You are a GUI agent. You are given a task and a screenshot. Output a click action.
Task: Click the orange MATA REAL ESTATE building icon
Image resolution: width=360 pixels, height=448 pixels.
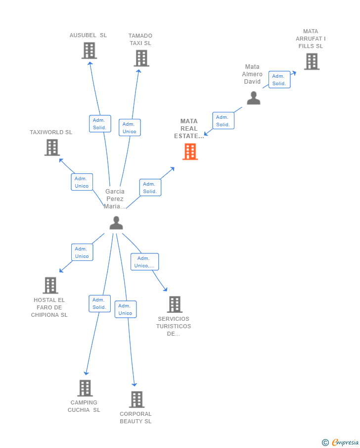pyautogui.click(x=190, y=151)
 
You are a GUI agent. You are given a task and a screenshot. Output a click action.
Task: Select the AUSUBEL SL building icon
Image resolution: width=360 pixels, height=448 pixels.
pyautogui.click(x=89, y=50)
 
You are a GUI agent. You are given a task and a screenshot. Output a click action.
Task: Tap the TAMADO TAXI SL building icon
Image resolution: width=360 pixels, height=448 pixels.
pyautogui.click(x=141, y=58)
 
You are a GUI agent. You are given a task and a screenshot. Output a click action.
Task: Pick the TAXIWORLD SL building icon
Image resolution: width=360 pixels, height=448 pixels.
pyautogui.click(x=52, y=148)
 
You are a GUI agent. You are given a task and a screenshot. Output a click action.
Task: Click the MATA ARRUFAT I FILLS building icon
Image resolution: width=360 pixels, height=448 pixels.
pyautogui.click(x=311, y=61)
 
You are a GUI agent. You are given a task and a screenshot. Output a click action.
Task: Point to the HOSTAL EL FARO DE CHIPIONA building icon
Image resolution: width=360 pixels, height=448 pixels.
pyautogui.click(x=50, y=285)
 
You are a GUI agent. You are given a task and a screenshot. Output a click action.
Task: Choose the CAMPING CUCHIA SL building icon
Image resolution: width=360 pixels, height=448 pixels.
pyautogui.click(x=85, y=388)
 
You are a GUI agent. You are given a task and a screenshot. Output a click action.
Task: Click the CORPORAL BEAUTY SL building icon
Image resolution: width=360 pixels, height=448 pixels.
pyautogui.click(x=136, y=399)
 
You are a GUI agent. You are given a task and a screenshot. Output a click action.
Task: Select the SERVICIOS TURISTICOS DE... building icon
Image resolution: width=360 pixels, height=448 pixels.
pyautogui.click(x=174, y=304)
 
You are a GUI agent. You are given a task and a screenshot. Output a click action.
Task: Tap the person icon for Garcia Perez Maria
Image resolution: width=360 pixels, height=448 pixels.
pyautogui.click(x=116, y=223)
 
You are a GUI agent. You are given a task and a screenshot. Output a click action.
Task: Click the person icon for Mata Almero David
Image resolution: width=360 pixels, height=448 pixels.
pyautogui.click(x=253, y=98)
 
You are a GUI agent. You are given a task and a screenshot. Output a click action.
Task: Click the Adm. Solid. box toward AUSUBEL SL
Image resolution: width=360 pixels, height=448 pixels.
pyautogui.click(x=100, y=124)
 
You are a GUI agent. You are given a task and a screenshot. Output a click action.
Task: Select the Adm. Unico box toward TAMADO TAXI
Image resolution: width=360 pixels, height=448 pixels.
pyautogui.click(x=130, y=128)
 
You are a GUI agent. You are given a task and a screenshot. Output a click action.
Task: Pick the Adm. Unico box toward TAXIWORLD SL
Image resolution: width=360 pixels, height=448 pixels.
pyautogui.click(x=82, y=182)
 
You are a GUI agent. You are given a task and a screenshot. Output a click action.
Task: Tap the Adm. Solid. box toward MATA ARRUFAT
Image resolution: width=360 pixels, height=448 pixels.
pyautogui.click(x=279, y=80)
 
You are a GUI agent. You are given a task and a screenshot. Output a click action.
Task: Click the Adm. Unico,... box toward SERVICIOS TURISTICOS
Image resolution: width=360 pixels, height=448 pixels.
pyautogui.click(x=145, y=262)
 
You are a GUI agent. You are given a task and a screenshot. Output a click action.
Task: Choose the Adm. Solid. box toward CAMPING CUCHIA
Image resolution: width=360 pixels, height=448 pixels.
pyautogui.click(x=99, y=303)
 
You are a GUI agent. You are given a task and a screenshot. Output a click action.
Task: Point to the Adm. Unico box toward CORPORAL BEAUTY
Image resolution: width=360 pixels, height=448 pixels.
pyautogui.click(x=126, y=309)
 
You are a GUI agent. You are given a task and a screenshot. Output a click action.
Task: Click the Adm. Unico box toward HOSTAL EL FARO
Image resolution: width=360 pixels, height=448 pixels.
pyautogui.click(x=82, y=252)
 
